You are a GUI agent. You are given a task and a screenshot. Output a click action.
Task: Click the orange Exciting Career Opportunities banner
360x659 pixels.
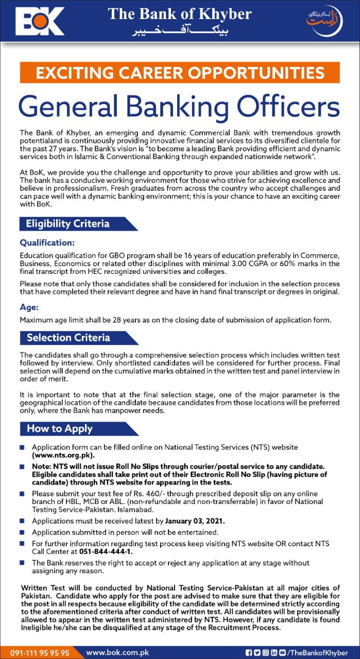pyautogui.click(x=180, y=73)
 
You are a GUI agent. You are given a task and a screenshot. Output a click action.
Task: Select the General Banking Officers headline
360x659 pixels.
pyautogui.click(x=180, y=106)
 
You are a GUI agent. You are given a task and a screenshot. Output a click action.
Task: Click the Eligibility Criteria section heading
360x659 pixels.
pyautogui.click(x=68, y=223)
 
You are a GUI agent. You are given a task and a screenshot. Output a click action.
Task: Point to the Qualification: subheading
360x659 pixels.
pyautogui.click(x=47, y=242)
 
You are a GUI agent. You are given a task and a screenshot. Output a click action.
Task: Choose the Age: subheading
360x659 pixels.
pyautogui.click(x=29, y=307)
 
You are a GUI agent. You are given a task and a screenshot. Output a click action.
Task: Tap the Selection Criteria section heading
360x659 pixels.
pyautogui.click(x=68, y=338)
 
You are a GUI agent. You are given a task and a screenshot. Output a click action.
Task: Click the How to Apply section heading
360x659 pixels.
pyautogui.click(x=60, y=428)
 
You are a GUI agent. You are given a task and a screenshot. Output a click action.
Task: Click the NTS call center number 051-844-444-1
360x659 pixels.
pyautogui.click(x=105, y=551)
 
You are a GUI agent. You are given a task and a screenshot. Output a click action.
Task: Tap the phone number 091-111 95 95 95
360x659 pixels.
pyautogui.click(x=40, y=652)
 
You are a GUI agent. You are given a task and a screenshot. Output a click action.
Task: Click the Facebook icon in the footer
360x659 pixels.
pyautogui.click(x=249, y=652)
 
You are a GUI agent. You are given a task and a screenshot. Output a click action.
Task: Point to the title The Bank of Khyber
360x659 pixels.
pyautogui.click(x=180, y=14)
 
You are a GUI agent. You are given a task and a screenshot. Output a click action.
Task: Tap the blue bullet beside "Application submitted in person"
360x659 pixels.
pyautogui.click(x=22, y=532)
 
